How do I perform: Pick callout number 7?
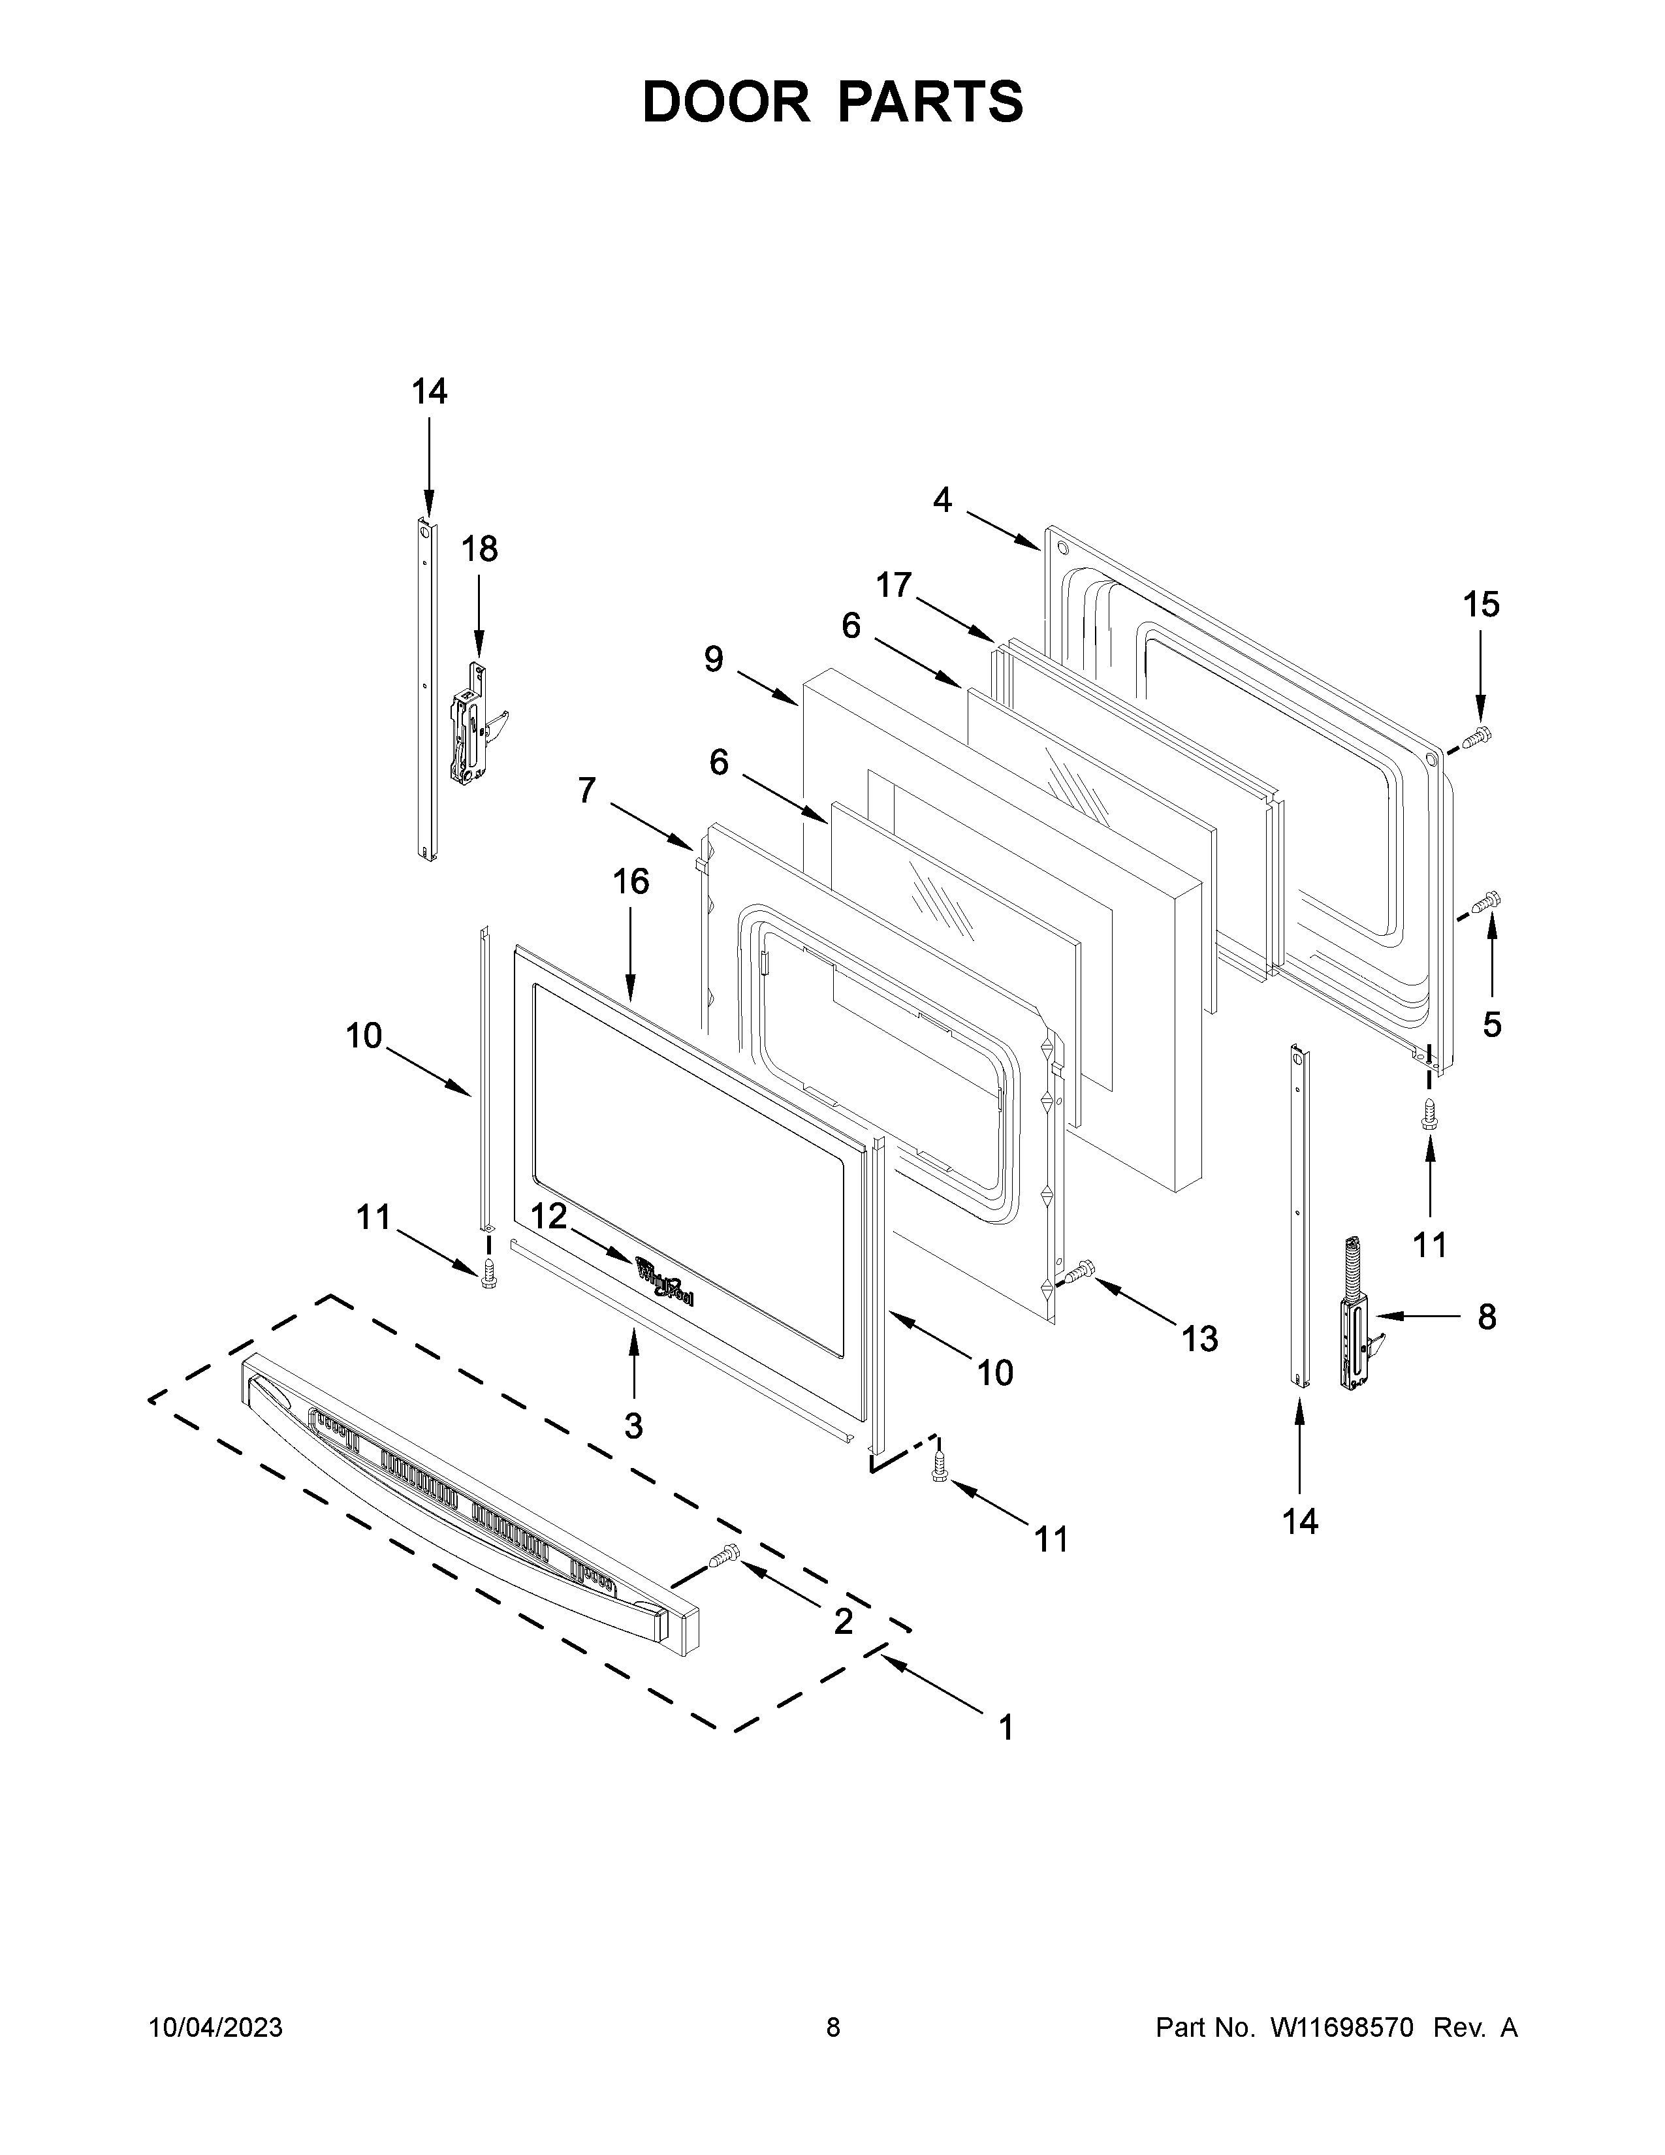587,790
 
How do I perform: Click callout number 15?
1482,605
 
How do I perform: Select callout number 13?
1200,1339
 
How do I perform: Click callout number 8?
1487,1317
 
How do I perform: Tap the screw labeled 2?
723,1557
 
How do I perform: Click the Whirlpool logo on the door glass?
665,1282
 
